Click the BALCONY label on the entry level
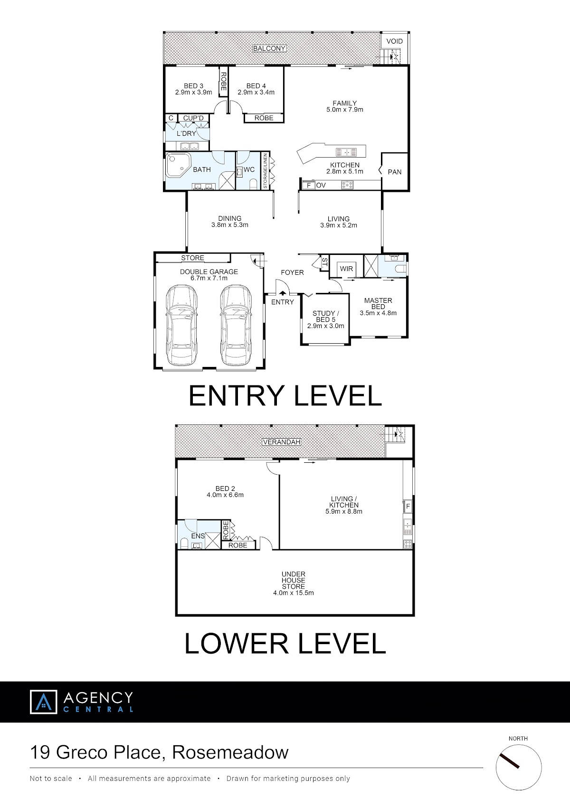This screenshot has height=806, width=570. [269, 48]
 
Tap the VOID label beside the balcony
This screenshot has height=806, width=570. [394, 41]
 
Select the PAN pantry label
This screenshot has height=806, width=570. [395, 172]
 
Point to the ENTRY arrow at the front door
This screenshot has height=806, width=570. [283, 293]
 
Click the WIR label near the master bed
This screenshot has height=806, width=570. [346, 269]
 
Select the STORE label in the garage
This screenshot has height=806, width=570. [193, 258]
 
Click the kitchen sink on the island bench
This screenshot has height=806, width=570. [346, 152]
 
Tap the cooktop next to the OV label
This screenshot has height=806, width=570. [347, 185]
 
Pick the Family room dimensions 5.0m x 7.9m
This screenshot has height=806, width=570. [344, 110]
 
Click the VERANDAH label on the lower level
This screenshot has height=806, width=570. [282, 442]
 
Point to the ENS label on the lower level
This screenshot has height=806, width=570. [198, 536]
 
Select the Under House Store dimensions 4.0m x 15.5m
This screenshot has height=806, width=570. [294, 592]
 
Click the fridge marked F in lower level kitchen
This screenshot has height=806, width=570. [408, 506]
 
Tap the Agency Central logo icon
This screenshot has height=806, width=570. [43, 702]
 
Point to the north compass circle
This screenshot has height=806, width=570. [519, 767]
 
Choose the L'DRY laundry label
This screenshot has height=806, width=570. [186, 133]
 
